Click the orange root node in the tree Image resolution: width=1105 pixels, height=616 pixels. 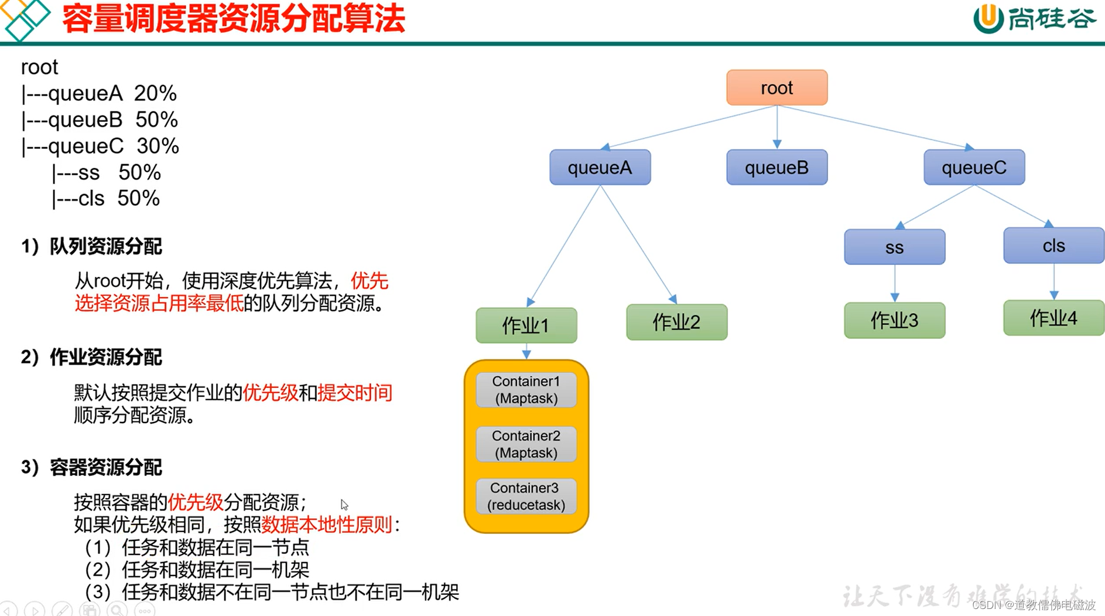pyautogui.click(x=776, y=88)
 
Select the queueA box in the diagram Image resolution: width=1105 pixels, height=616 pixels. pyautogui.click(x=600, y=168)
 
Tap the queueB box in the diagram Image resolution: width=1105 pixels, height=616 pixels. pyautogui.click(x=776, y=168)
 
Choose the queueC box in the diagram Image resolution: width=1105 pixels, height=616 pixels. pyautogui.click(x=974, y=168)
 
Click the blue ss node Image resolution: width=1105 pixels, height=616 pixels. pyautogui.click(x=894, y=247)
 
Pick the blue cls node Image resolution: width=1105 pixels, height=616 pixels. pyautogui.click(x=1053, y=246)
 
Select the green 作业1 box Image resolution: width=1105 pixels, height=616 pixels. pyautogui.click(x=526, y=325)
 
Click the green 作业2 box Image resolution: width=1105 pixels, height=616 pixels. pyautogui.click(x=676, y=322)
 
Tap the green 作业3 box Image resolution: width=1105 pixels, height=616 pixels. pyautogui.click(x=894, y=321)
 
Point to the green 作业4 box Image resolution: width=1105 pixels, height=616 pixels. pyautogui.click(x=1053, y=318)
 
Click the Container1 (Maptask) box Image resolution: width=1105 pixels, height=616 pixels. pyautogui.click(x=526, y=390)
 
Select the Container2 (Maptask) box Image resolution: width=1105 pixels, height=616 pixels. pyautogui.click(x=526, y=444)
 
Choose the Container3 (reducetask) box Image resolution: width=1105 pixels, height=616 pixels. pyautogui.click(x=526, y=496)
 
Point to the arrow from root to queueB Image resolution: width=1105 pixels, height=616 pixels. pyautogui.click(x=777, y=127)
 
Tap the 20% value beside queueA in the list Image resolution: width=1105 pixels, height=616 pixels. pyautogui.click(x=155, y=94)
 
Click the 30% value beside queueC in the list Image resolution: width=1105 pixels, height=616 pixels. pyautogui.click(x=158, y=147)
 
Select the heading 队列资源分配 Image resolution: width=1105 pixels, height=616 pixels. pyautogui.click(x=105, y=247)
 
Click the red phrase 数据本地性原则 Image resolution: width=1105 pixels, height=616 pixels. pyautogui.click(x=326, y=525)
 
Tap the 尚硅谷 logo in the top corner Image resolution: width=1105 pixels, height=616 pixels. pyautogui.click(x=1034, y=19)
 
